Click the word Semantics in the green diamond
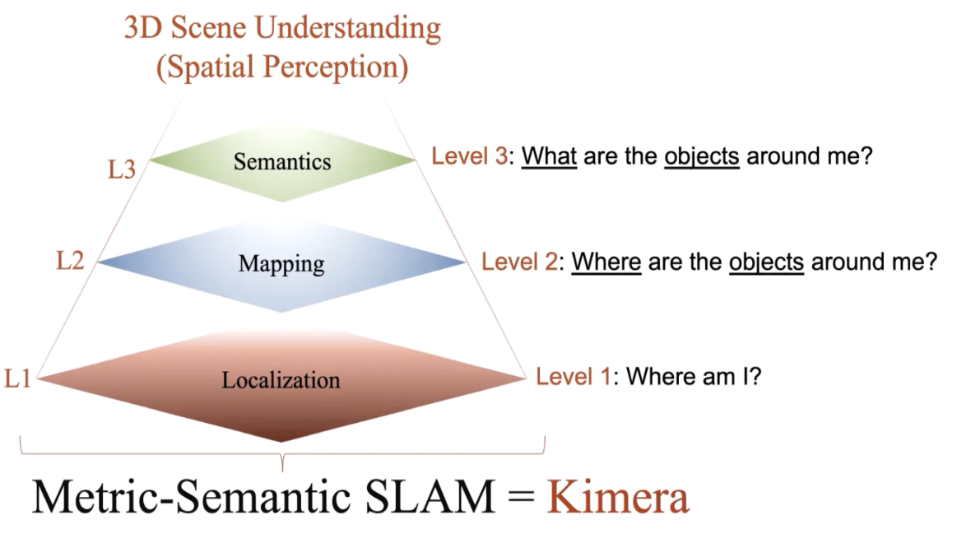(281, 161)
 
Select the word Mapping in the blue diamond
(281, 264)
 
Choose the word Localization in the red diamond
(281, 380)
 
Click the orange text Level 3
(468, 156)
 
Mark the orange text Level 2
(517, 262)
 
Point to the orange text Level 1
(573, 378)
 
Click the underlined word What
(550, 156)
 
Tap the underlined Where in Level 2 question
(606, 262)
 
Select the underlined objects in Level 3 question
(702, 156)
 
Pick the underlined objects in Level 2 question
(766, 262)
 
